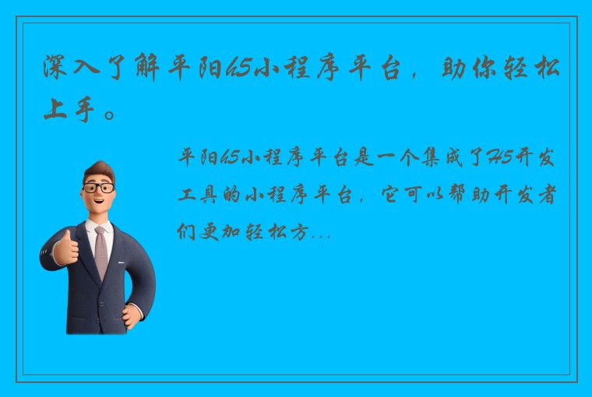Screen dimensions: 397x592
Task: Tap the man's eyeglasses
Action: (99, 188)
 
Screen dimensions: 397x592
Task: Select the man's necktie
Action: (101, 252)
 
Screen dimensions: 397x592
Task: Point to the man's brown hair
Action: (100, 170)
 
